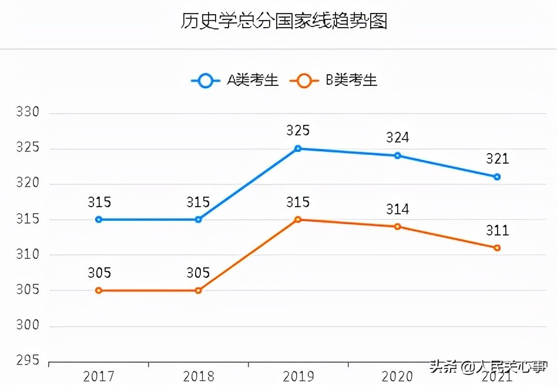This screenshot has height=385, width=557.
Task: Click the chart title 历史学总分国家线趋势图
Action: [284, 22]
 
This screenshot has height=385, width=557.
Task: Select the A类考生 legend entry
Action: [235, 81]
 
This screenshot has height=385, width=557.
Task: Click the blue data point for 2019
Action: [298, 148]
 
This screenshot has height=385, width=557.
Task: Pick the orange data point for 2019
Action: [298, 220]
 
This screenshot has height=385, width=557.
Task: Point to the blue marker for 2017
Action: [99, 220]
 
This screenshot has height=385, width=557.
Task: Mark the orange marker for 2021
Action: [497, 248]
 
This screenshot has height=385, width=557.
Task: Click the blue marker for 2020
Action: [398, 155]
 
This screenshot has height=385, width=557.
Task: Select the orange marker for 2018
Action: [198, 290]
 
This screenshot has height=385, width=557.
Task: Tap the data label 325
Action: [298, 131]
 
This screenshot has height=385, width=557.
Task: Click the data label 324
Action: [398, 138]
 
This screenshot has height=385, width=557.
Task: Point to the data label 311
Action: [497, 230]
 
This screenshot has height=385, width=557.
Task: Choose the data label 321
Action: [497, 159]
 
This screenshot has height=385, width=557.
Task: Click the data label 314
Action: [398, 209]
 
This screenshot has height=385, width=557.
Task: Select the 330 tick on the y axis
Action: [28, 112]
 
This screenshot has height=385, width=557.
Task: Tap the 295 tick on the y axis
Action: [28, 361]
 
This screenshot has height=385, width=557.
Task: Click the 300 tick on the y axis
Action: [28, 326]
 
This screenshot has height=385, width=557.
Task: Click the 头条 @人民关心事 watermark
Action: [487, 368]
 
